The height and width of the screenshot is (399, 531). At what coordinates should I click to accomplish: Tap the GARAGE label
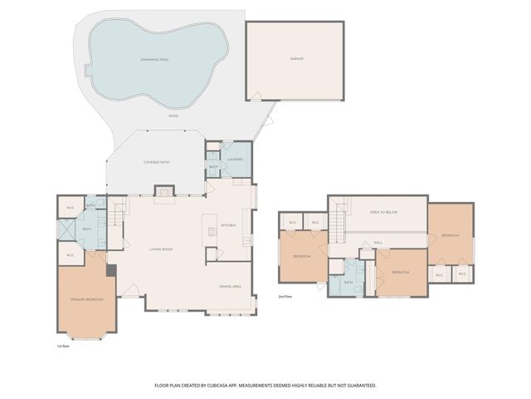(296, 59)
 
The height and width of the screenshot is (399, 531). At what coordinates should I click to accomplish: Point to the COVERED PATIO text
(157, 162)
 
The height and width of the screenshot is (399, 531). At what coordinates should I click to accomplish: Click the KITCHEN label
(229, 225)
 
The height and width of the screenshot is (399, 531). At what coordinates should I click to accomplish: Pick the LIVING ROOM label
(160, 249)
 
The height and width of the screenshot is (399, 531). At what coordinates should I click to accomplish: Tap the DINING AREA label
(230, 286)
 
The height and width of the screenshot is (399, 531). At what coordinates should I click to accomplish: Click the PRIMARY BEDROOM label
(86, 298)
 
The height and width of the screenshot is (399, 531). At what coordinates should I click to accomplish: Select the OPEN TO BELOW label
(383, 212)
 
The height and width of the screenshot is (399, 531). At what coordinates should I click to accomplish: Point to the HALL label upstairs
(377, 243)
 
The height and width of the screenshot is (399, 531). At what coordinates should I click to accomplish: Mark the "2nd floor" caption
(286, 296)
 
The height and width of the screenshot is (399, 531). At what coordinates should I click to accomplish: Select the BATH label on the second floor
(348, 282)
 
